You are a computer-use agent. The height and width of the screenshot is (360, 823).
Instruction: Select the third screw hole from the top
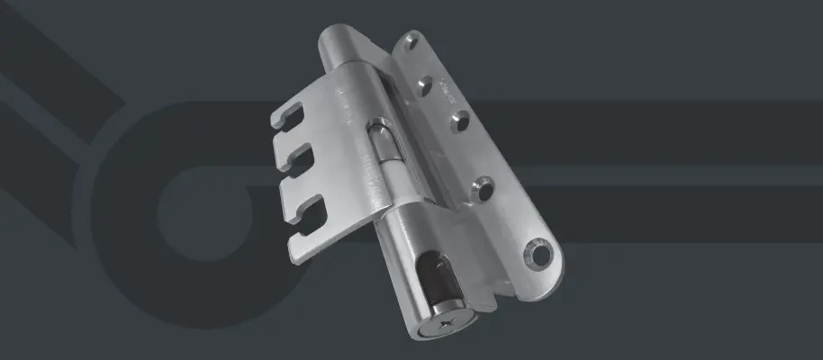pyautogui.click(x=457, y=119)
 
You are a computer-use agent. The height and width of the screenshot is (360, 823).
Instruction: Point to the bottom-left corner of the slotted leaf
pyautogui.click(x=296, y=261)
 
